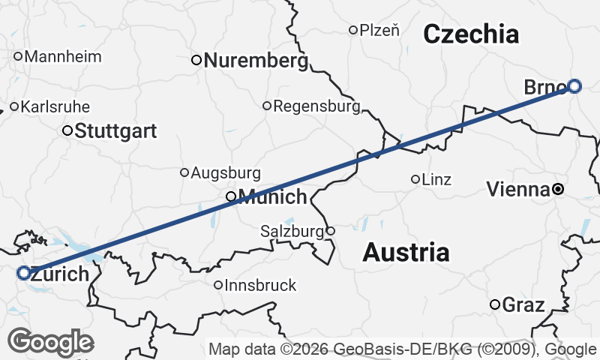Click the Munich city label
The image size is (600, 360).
(x=273, y=197)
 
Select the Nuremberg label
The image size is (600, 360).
(x=256, y=60)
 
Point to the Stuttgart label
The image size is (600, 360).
(x=116, y=131)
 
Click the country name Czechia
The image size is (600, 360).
(x=471, y=34)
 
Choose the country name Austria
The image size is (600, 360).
(x=406, y=253)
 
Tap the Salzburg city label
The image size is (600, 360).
(x=292, y=231)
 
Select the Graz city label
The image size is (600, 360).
(x=523, y=304)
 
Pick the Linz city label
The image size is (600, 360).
(x=437, y=179)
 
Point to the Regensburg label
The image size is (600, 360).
(x=316, y=106)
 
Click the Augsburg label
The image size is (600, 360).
(x=226, y=173)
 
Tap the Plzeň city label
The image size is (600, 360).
(x=379, y=30)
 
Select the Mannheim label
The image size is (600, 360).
(x=63, y=56)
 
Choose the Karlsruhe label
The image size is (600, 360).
(x=55, y=106)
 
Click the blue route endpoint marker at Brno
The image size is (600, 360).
(x=574, y=85)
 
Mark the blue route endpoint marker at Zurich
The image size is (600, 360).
(x=23, y=273)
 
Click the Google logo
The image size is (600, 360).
(x=50, y=342)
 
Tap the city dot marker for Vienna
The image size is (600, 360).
(x=558, y=190)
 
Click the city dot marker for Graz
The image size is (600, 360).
(x=495, y=304)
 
